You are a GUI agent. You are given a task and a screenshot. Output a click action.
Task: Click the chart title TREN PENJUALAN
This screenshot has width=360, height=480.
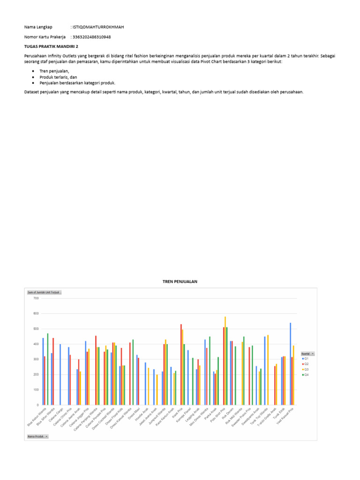pos(180,281)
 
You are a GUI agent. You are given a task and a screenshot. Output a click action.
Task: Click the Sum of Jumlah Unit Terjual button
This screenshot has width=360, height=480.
pos(44,292)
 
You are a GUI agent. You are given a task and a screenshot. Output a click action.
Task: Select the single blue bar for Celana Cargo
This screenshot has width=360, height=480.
pos(60,375)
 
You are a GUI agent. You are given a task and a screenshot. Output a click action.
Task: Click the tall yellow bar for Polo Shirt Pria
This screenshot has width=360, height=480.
pos(225,360)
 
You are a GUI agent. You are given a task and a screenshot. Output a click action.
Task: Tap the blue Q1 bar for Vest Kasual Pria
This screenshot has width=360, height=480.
pos(290,364)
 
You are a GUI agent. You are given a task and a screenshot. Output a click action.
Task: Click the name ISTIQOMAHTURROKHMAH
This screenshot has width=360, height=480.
pos(98,27)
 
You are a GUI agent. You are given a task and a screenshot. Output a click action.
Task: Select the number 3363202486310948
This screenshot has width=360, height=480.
pos(92,37)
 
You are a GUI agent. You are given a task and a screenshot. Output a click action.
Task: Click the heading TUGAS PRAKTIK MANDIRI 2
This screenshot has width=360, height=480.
pos(51,46)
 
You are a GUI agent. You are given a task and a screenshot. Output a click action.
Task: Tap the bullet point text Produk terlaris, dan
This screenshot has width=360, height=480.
pos(58,76)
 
